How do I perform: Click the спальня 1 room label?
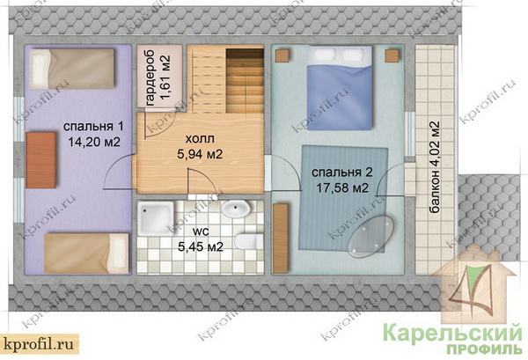[93, 127]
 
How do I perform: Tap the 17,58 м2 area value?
[341, 187]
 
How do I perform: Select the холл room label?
[200, 139]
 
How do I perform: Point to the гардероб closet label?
[150, 78]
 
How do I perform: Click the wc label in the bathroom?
[200, 231]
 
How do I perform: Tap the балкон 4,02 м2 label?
[435, 167]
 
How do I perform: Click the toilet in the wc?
[248, 241]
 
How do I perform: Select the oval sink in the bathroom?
[235, 209]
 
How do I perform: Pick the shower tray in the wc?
[157, 219]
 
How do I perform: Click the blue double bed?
[340, 88]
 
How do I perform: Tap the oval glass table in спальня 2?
[371, 234]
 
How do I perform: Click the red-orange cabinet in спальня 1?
[40, 160]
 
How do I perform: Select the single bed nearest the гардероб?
[72, 69]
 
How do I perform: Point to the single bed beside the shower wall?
[86, 253]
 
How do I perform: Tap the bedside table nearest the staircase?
[283, 55]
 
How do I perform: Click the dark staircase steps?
[245, 81]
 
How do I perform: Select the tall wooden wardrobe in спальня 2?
[281, 239]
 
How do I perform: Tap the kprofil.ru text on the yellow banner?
[39, 344]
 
